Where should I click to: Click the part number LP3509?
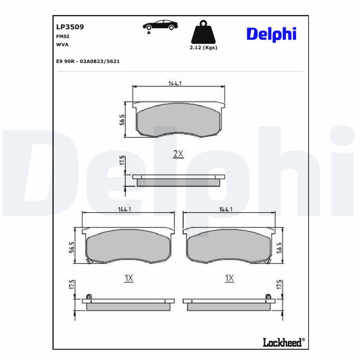[x=70, y=27]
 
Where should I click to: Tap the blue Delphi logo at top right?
[x=271, y=34]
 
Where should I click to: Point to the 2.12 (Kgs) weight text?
[x=203, y=48]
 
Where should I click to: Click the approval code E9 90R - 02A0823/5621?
[x=87, y=61]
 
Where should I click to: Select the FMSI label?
[x=63, y=36]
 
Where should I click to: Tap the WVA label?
[x=62, y=44]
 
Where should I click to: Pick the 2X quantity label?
[x=179, y=154]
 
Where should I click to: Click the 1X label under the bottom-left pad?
[x=129, y=279]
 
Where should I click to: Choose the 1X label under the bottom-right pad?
[x=229, y=279]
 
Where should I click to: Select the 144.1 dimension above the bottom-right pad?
[x=226, y=209]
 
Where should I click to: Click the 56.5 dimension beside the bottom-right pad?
[x=280, y=247]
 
